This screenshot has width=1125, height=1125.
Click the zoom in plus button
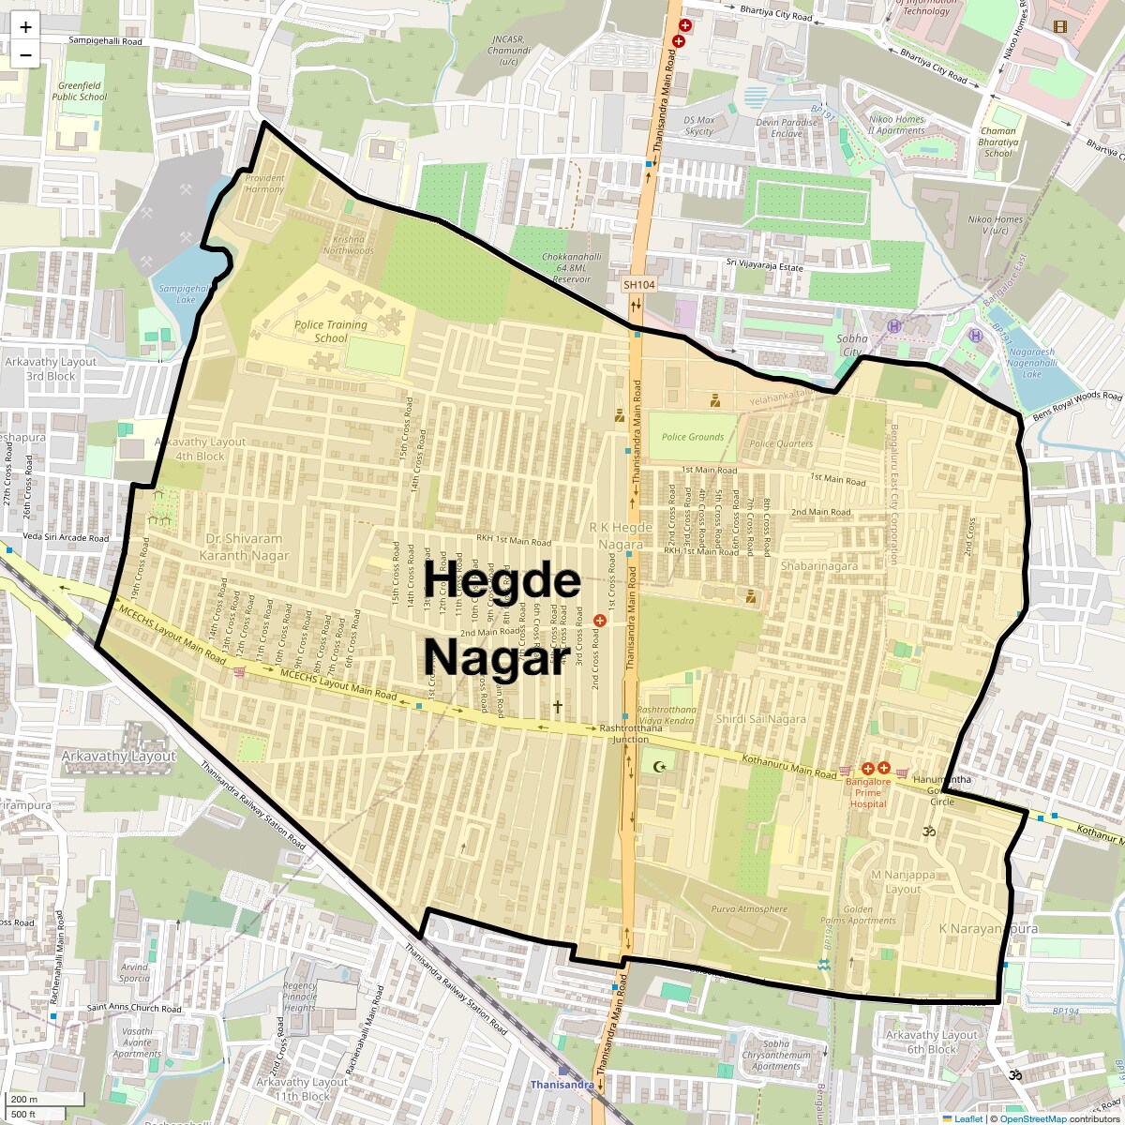25,27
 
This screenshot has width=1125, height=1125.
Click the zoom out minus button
25,55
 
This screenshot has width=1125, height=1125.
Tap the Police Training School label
330,331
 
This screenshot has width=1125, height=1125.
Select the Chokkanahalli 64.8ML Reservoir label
571,267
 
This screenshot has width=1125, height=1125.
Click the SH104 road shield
639,284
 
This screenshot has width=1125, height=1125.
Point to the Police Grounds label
693,437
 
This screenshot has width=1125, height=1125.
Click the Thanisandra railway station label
562,1085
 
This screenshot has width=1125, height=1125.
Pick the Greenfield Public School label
80,91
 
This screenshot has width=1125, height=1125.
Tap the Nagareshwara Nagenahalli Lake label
1030,363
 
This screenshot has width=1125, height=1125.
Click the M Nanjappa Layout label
903,882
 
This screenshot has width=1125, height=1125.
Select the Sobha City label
851,345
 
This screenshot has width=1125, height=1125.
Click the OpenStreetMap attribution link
1034,1118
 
